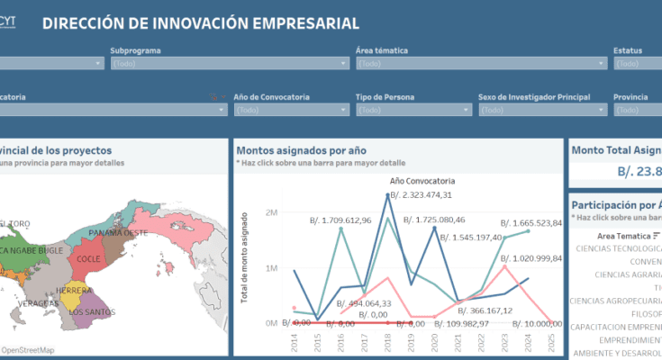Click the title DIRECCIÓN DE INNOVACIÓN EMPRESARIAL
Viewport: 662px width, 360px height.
[x=200, y=23]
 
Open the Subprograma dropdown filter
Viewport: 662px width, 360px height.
[x=230, y=64]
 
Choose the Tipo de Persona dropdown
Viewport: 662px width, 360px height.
[x=413, y=110]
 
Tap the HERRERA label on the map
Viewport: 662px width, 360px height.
[x=73, y=291]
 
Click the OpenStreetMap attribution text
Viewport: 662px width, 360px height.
[x=28, y=350]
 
